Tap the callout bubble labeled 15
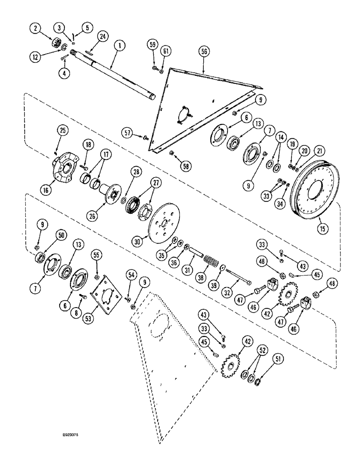(320, 228)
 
